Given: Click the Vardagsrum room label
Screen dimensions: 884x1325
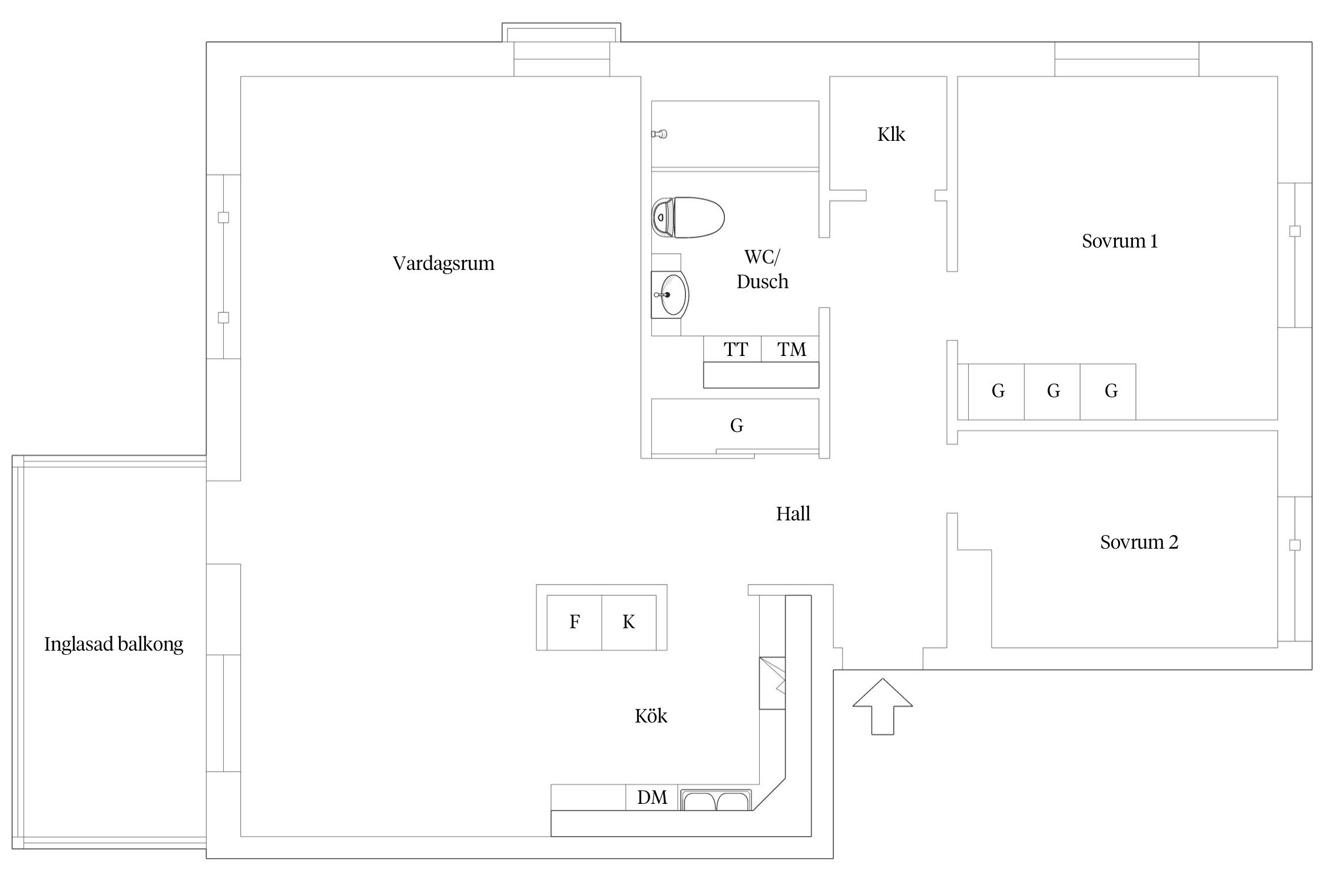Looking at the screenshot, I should tap(443, 263).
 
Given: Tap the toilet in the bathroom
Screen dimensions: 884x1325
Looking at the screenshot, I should tap(688, 217).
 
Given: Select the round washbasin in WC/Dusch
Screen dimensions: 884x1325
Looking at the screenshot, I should tap(671, 295).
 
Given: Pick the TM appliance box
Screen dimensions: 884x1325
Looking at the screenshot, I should tap(790, 349).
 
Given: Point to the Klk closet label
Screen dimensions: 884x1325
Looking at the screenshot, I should tap(891, 134).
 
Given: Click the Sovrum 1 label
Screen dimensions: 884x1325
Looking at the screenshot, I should tap(1119, 241).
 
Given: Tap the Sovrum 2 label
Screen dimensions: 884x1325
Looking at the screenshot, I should tap(1139, 542).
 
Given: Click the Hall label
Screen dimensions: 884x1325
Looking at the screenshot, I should tap(793, 514).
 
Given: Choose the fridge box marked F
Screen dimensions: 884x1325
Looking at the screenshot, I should tap(574, 622).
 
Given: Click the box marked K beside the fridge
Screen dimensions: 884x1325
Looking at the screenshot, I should tap(628, 622).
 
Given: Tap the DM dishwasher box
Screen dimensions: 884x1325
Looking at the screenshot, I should tap(652, 797).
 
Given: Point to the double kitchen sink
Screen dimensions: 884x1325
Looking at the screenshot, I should tap(716, 800).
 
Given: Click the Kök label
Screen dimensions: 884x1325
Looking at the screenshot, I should tap(651, 716).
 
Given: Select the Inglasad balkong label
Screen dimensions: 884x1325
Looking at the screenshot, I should tap(114, 644).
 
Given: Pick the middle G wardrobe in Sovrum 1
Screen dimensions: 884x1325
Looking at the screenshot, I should tap(1052, 391).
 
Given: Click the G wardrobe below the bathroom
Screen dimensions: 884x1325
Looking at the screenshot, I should tap(736, 425).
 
